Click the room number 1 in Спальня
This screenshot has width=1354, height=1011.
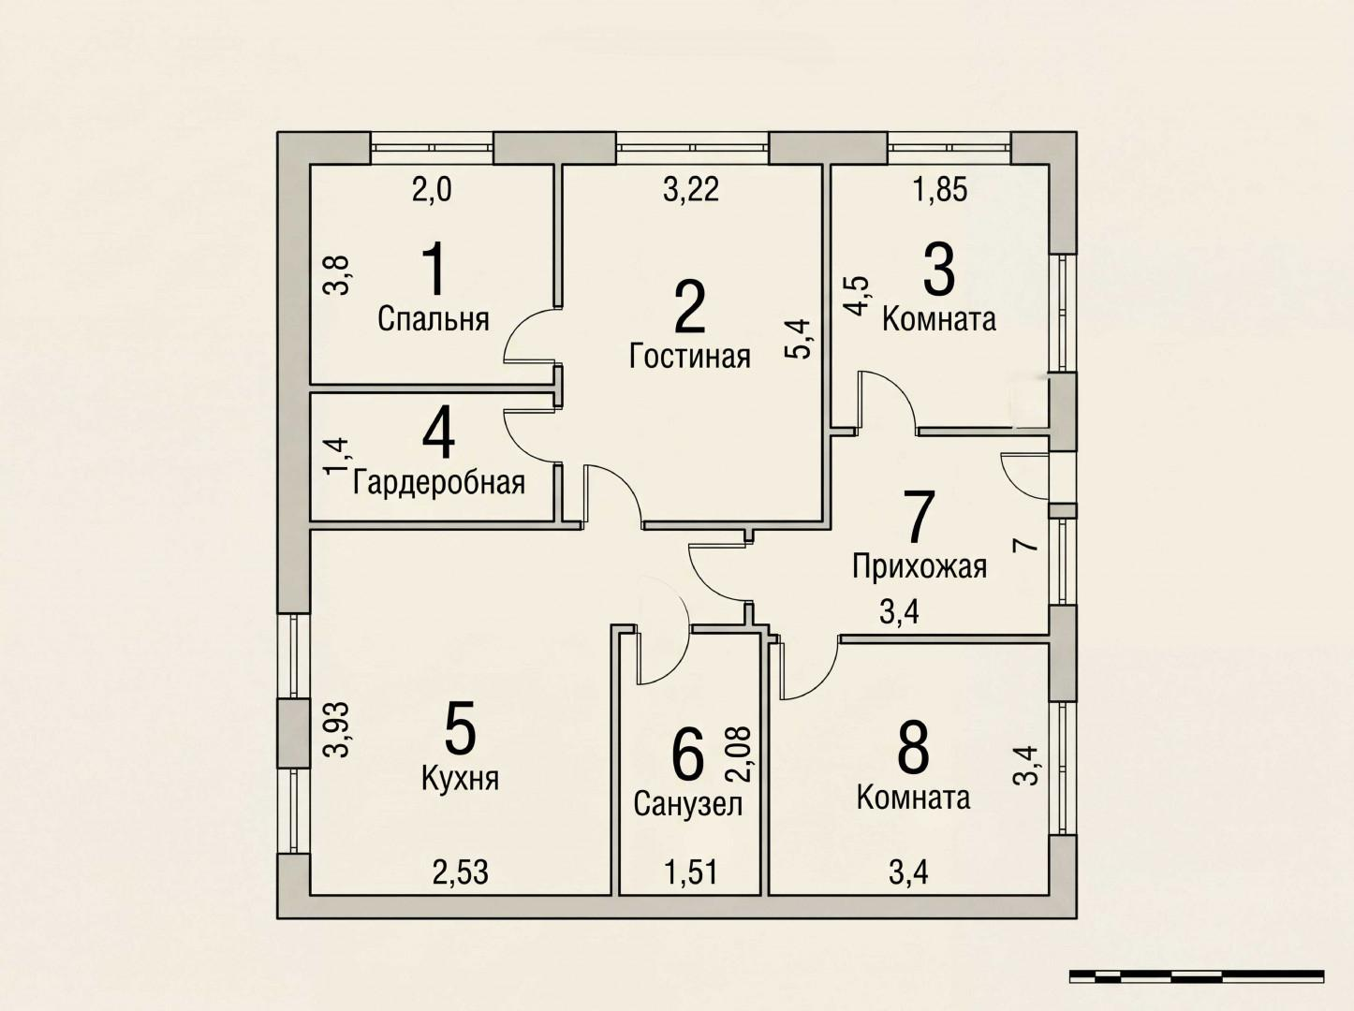pyautogui.click(x=433, y=270)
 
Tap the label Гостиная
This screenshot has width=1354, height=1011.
pyautogui.click(x=690, y=357)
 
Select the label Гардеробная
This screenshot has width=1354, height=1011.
pyautogui.click(x=438, y=483)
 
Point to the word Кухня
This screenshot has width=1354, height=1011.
pyautogui.click(x=460, y=778)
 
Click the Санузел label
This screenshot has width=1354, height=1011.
pyautogui.click(x=688, y=803)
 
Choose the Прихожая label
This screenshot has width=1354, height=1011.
pyautogui.click(x=920, y=566)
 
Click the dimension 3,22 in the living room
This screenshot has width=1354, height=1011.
pyautogui.click(x=691, y=190)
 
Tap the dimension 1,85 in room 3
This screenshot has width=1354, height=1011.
pyautogui.click(x=940, y=190)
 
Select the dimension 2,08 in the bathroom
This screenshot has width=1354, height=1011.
pyautogui.click(x=740, y=755)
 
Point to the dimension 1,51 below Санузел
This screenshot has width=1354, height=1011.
pyautogui.click(x=691, y=872)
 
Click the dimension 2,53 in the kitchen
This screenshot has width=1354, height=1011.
pyautogui.click(x=461, y=872)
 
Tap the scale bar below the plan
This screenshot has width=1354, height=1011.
pyautogui.click(x=1196, y=975)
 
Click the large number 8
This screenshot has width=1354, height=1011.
pyautogui.click(x=913, y=748)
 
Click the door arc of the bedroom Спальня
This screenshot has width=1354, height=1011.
pyautogui.click(x=526, y=344)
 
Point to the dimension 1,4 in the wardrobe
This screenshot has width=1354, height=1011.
pyautogui.click(x=335, y=457)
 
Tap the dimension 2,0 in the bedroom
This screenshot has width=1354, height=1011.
pyautogui.click(x=432, y=190)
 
